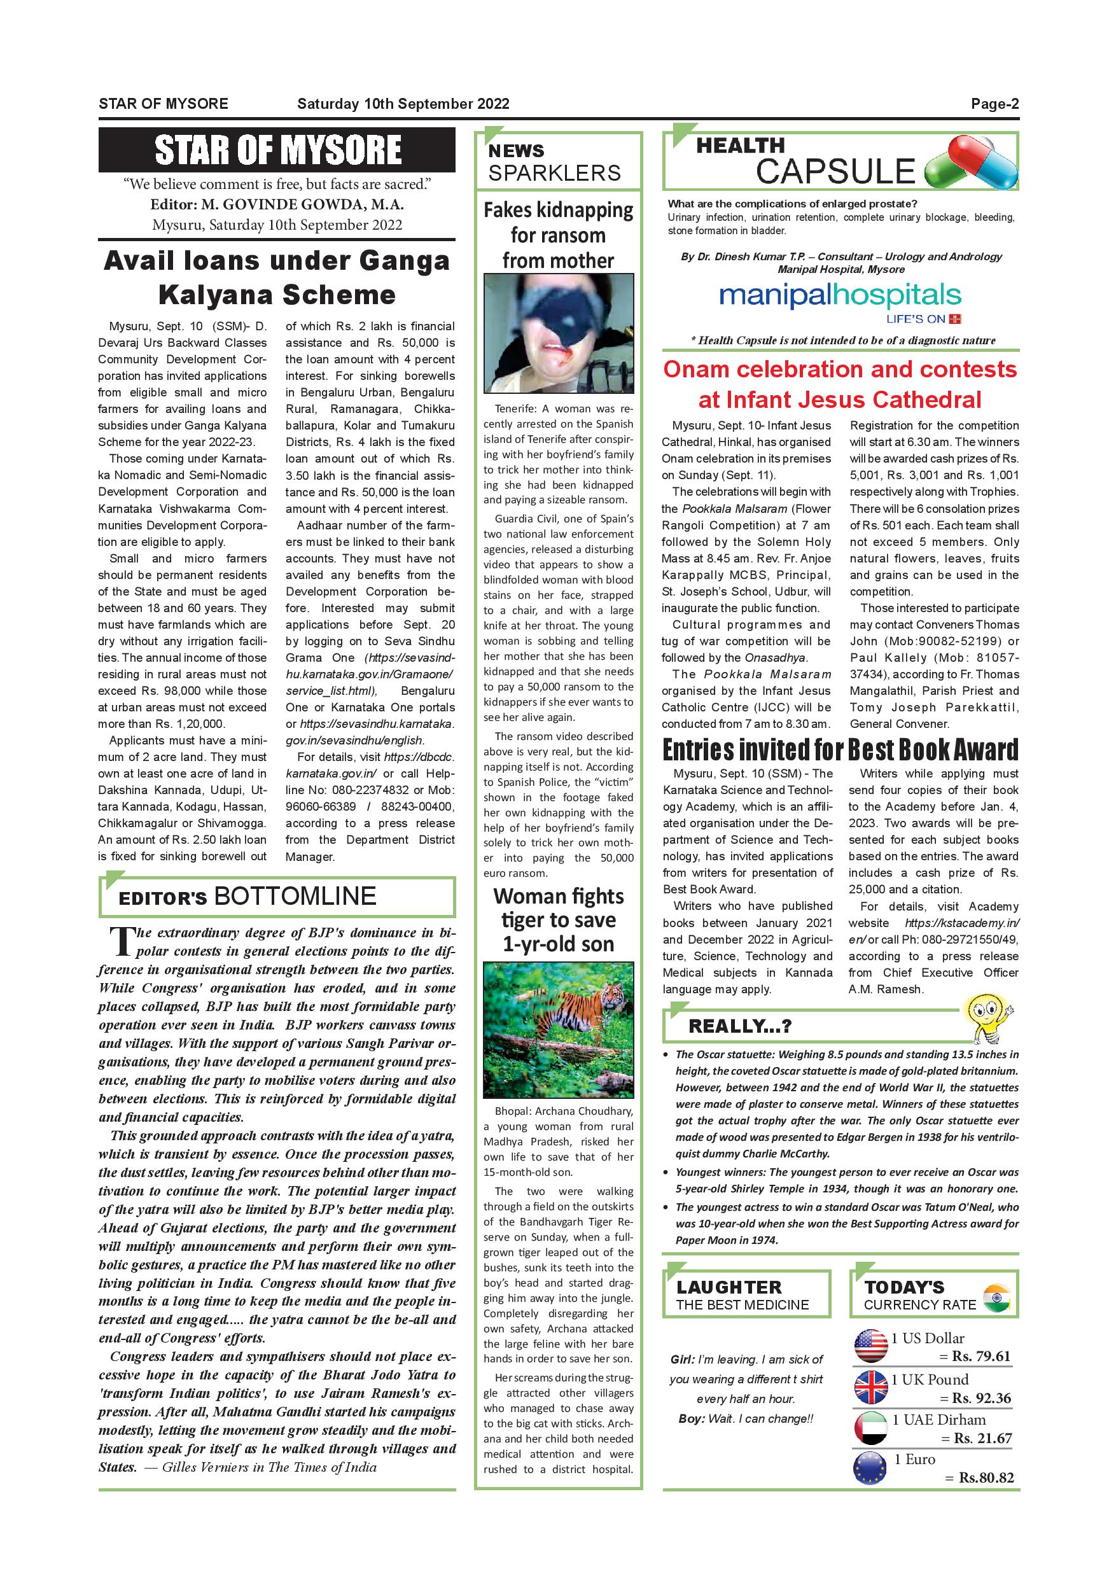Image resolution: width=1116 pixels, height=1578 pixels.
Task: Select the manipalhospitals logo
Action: pos(840,297)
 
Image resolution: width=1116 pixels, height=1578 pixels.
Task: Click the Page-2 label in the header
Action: pos(994,104)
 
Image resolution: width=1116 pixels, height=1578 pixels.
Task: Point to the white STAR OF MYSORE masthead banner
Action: pos(277,150)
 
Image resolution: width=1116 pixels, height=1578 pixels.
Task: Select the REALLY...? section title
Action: pos(740,1027)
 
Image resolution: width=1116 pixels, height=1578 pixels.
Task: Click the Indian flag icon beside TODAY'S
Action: pos(996,1297)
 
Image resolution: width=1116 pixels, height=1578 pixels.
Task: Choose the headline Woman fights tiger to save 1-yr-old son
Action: pos(558,919)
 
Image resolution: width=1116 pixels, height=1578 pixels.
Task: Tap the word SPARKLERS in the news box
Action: pos(555,172)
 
